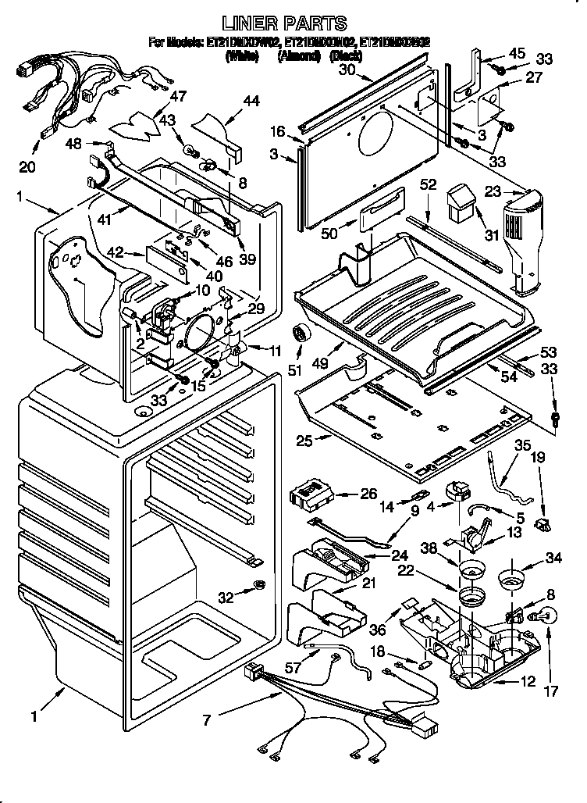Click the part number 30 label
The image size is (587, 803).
(x=347, y=70)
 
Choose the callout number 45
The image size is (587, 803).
(x=517, y=53)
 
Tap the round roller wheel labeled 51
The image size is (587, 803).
(x=299, y=335)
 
